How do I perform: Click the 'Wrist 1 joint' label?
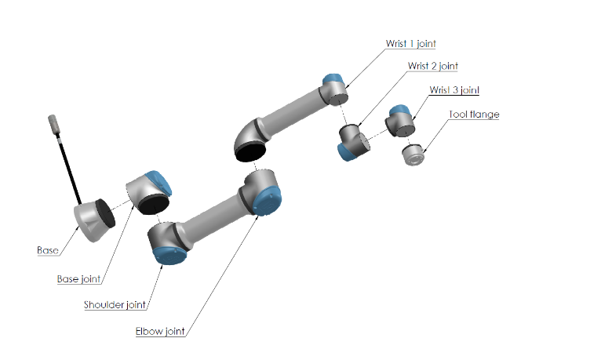click(410, 44)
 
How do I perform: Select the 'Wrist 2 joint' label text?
click(433, 66)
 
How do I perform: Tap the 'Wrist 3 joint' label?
click(454, 90)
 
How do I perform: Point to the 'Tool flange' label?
click(474, 115)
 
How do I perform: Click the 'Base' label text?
click(48, 250)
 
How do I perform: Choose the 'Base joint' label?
click(78, 279)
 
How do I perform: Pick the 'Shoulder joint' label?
click(115, 304)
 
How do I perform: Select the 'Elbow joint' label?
click(160, 332)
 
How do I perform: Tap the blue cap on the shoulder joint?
click(170, 256)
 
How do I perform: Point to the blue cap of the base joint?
click(158, 182)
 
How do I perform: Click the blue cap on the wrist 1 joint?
click(333, 79)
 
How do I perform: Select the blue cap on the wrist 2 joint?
click(346, 152)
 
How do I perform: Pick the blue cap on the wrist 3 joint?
click(399, 111)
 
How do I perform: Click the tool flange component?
click(413, 155)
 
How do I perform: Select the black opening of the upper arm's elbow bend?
click(250, 151)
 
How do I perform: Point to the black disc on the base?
click(105, 213)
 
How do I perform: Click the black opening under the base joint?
click(154, 205)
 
